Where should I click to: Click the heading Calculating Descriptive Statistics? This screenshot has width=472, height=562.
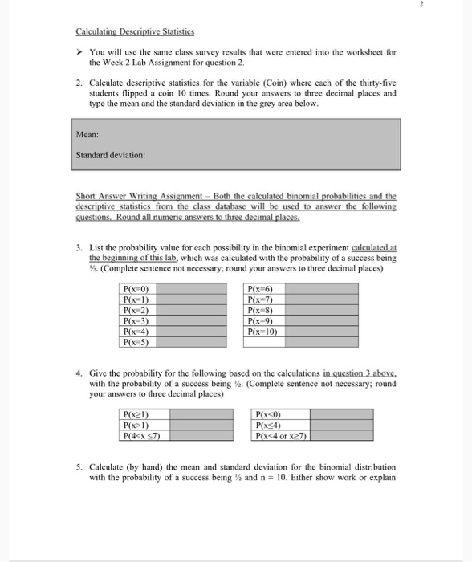[x=124, y=32]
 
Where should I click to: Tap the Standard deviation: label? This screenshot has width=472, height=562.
[x=110, y=154]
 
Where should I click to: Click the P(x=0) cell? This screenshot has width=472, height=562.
[x=135, y=288]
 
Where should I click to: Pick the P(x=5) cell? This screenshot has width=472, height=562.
[x=135, y=341]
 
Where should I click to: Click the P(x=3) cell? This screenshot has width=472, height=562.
[x=135, y=320]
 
